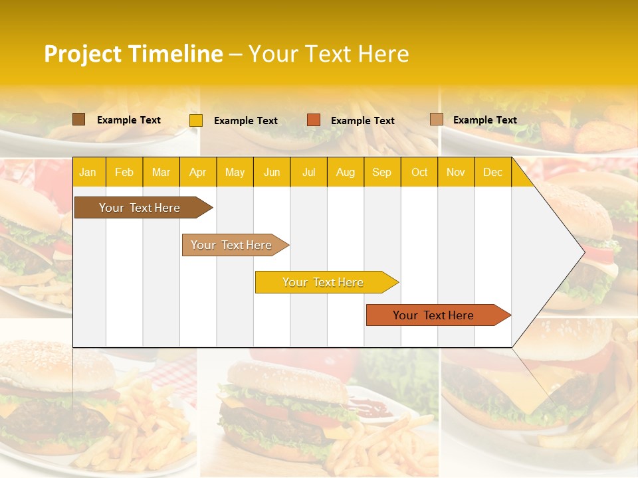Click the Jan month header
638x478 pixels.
(x=88, y=173)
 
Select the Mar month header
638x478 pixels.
(x=161, y=173)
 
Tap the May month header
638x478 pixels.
(x=235, y=173)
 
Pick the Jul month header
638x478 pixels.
(x=308, y=173)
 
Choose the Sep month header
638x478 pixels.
(x=381, y=173)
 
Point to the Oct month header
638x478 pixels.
(x=419, y=173)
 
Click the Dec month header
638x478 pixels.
(x=492, y=173)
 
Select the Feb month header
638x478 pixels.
(x=124, y=173)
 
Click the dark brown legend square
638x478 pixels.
(x=78, y=119)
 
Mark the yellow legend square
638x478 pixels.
(x=196, y=120)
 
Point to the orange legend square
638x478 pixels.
(x=314, y=120)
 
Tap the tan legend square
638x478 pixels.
(x=436, y=119)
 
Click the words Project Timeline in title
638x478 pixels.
(x=133, y=54)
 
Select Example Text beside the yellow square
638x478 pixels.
(x=246, y=121)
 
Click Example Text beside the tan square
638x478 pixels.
(x=485, y=120)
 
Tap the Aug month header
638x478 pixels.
(x=345, y=173)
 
